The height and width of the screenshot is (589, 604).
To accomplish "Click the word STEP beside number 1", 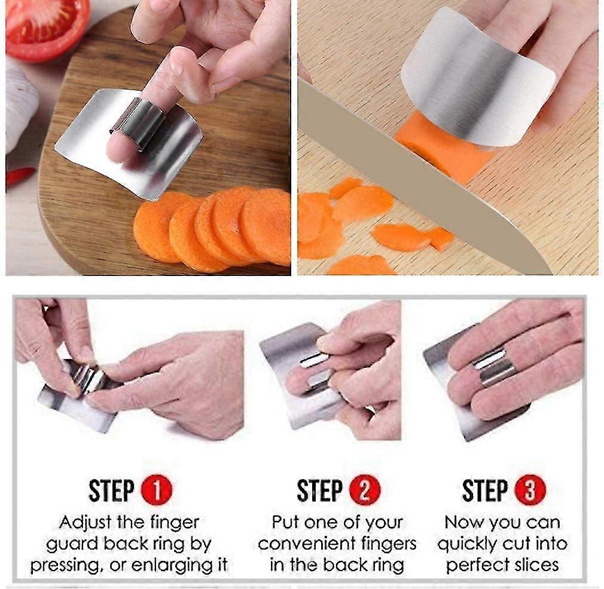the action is pyautogui.click(x=112, y=490).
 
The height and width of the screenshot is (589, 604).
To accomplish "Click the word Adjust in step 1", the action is pyautogui.click(x=85, y=523).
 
